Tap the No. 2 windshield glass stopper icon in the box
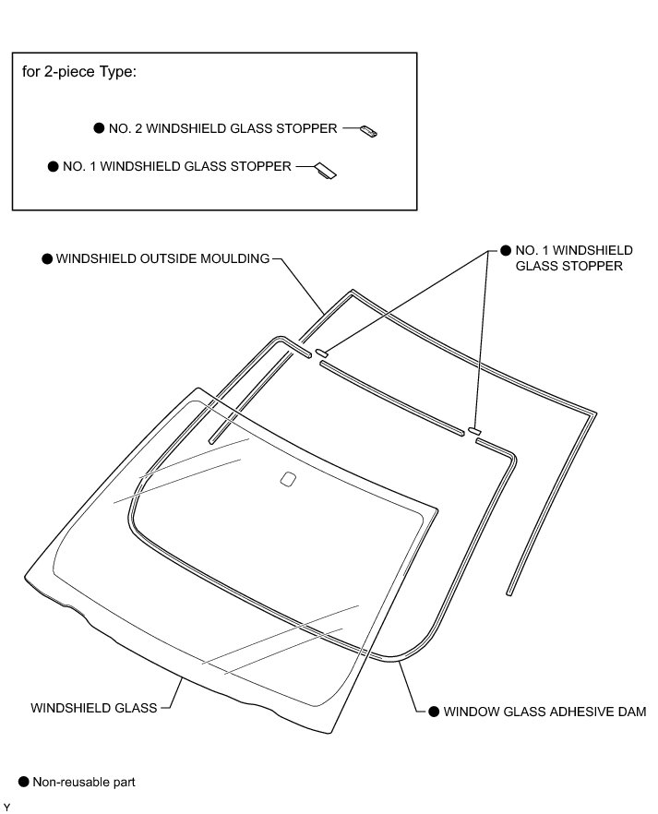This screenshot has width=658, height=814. tap(369, 131)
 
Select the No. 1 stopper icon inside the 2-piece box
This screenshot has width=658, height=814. tap(325, 171)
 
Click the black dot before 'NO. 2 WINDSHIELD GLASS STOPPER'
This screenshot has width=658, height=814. tap(100, 129)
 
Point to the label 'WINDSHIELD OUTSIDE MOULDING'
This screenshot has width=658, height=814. tap(162, 258)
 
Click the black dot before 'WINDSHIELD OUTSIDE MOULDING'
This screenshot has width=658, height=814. tap(48, 259)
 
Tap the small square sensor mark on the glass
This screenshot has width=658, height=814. tap(287, 478)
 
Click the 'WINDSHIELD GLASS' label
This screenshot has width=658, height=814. tap(94, 709)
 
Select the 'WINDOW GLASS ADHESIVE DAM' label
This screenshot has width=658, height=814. tap(544, 712)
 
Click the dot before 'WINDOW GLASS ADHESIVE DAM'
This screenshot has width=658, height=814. tap(434, 712)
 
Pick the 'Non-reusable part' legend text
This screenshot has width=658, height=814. tap(84, 783)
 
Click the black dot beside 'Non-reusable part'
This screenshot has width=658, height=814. tap(23, 783)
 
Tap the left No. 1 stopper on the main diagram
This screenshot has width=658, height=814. tap(323, 353)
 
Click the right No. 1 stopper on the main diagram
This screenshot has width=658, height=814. tap(475, 430)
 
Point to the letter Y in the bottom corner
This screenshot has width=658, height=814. tap(6, 808)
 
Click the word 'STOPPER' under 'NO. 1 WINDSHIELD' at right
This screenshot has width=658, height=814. tap(593, 267)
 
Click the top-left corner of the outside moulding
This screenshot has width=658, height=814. tap(351, 293)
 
